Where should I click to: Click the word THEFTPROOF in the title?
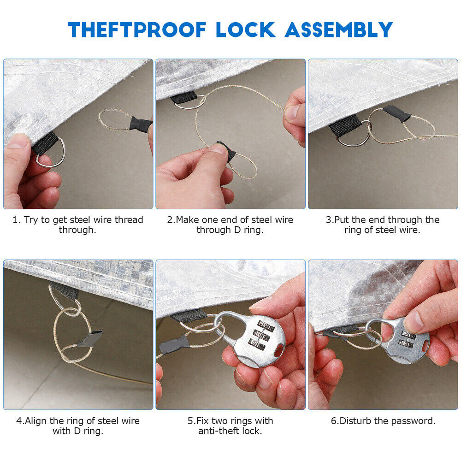tap(137, 30)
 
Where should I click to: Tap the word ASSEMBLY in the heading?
tap(339, 30)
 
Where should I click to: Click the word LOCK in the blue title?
tap(246, 30)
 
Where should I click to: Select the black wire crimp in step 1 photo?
tap(140, 123)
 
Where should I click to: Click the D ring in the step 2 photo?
tap(194, 103)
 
